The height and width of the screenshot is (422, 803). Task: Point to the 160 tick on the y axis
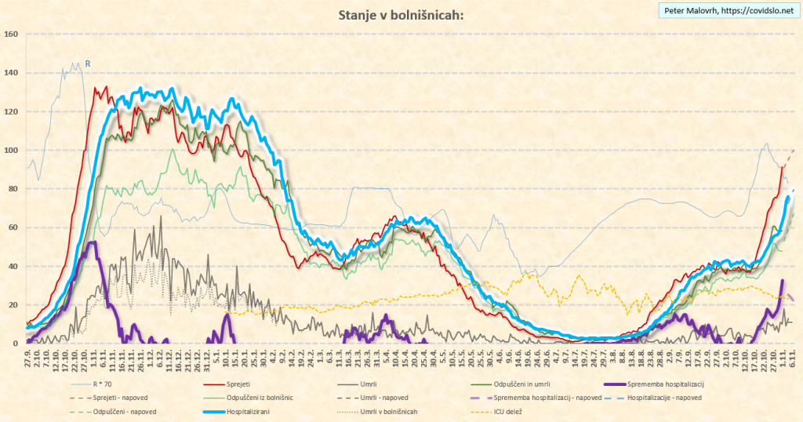tap(11, 35)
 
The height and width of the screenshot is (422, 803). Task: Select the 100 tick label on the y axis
tap(11, 151)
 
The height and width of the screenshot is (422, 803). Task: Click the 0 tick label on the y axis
tap(15, 344)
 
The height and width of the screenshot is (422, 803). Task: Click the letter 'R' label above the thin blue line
tap(88, 63)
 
